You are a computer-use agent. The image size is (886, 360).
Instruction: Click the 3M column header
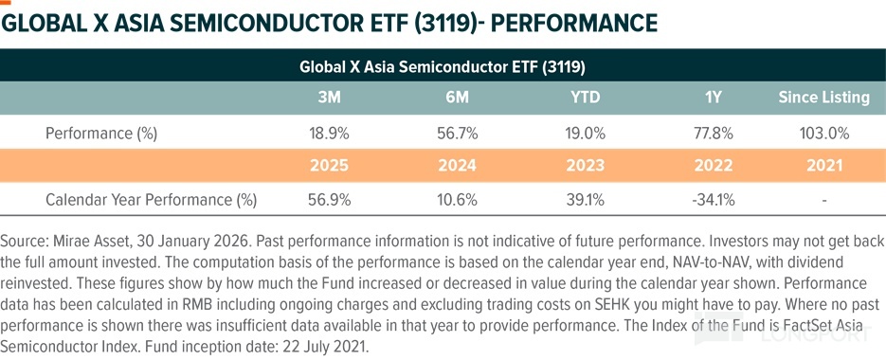[x=329, y=98]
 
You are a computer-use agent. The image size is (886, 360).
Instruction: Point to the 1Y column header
[x=714, y=98]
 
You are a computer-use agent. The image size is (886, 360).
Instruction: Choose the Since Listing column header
[x=823, y=98]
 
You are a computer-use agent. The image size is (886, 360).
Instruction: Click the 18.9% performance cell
[x=330, y=134]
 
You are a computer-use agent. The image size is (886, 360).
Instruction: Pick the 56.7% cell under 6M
[x=458, y=134]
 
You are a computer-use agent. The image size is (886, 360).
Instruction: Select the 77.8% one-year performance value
[x=714, y=134]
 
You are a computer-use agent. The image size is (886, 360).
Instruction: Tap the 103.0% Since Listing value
[x=823, y=134]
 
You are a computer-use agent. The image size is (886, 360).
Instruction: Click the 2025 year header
[x=330, y=166]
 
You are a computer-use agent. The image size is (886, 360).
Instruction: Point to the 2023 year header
[x=586, y=166]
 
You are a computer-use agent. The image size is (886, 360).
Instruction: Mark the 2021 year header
[x=823, y=166]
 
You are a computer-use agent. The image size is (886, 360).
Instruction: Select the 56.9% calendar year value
[x=330, y=200]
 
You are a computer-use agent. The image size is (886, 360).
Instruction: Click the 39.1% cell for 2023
[x=586, y=200]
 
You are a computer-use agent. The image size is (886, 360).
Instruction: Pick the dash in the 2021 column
[x=824, y=200]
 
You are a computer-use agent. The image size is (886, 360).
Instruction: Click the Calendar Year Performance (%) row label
[x=151, y=200]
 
